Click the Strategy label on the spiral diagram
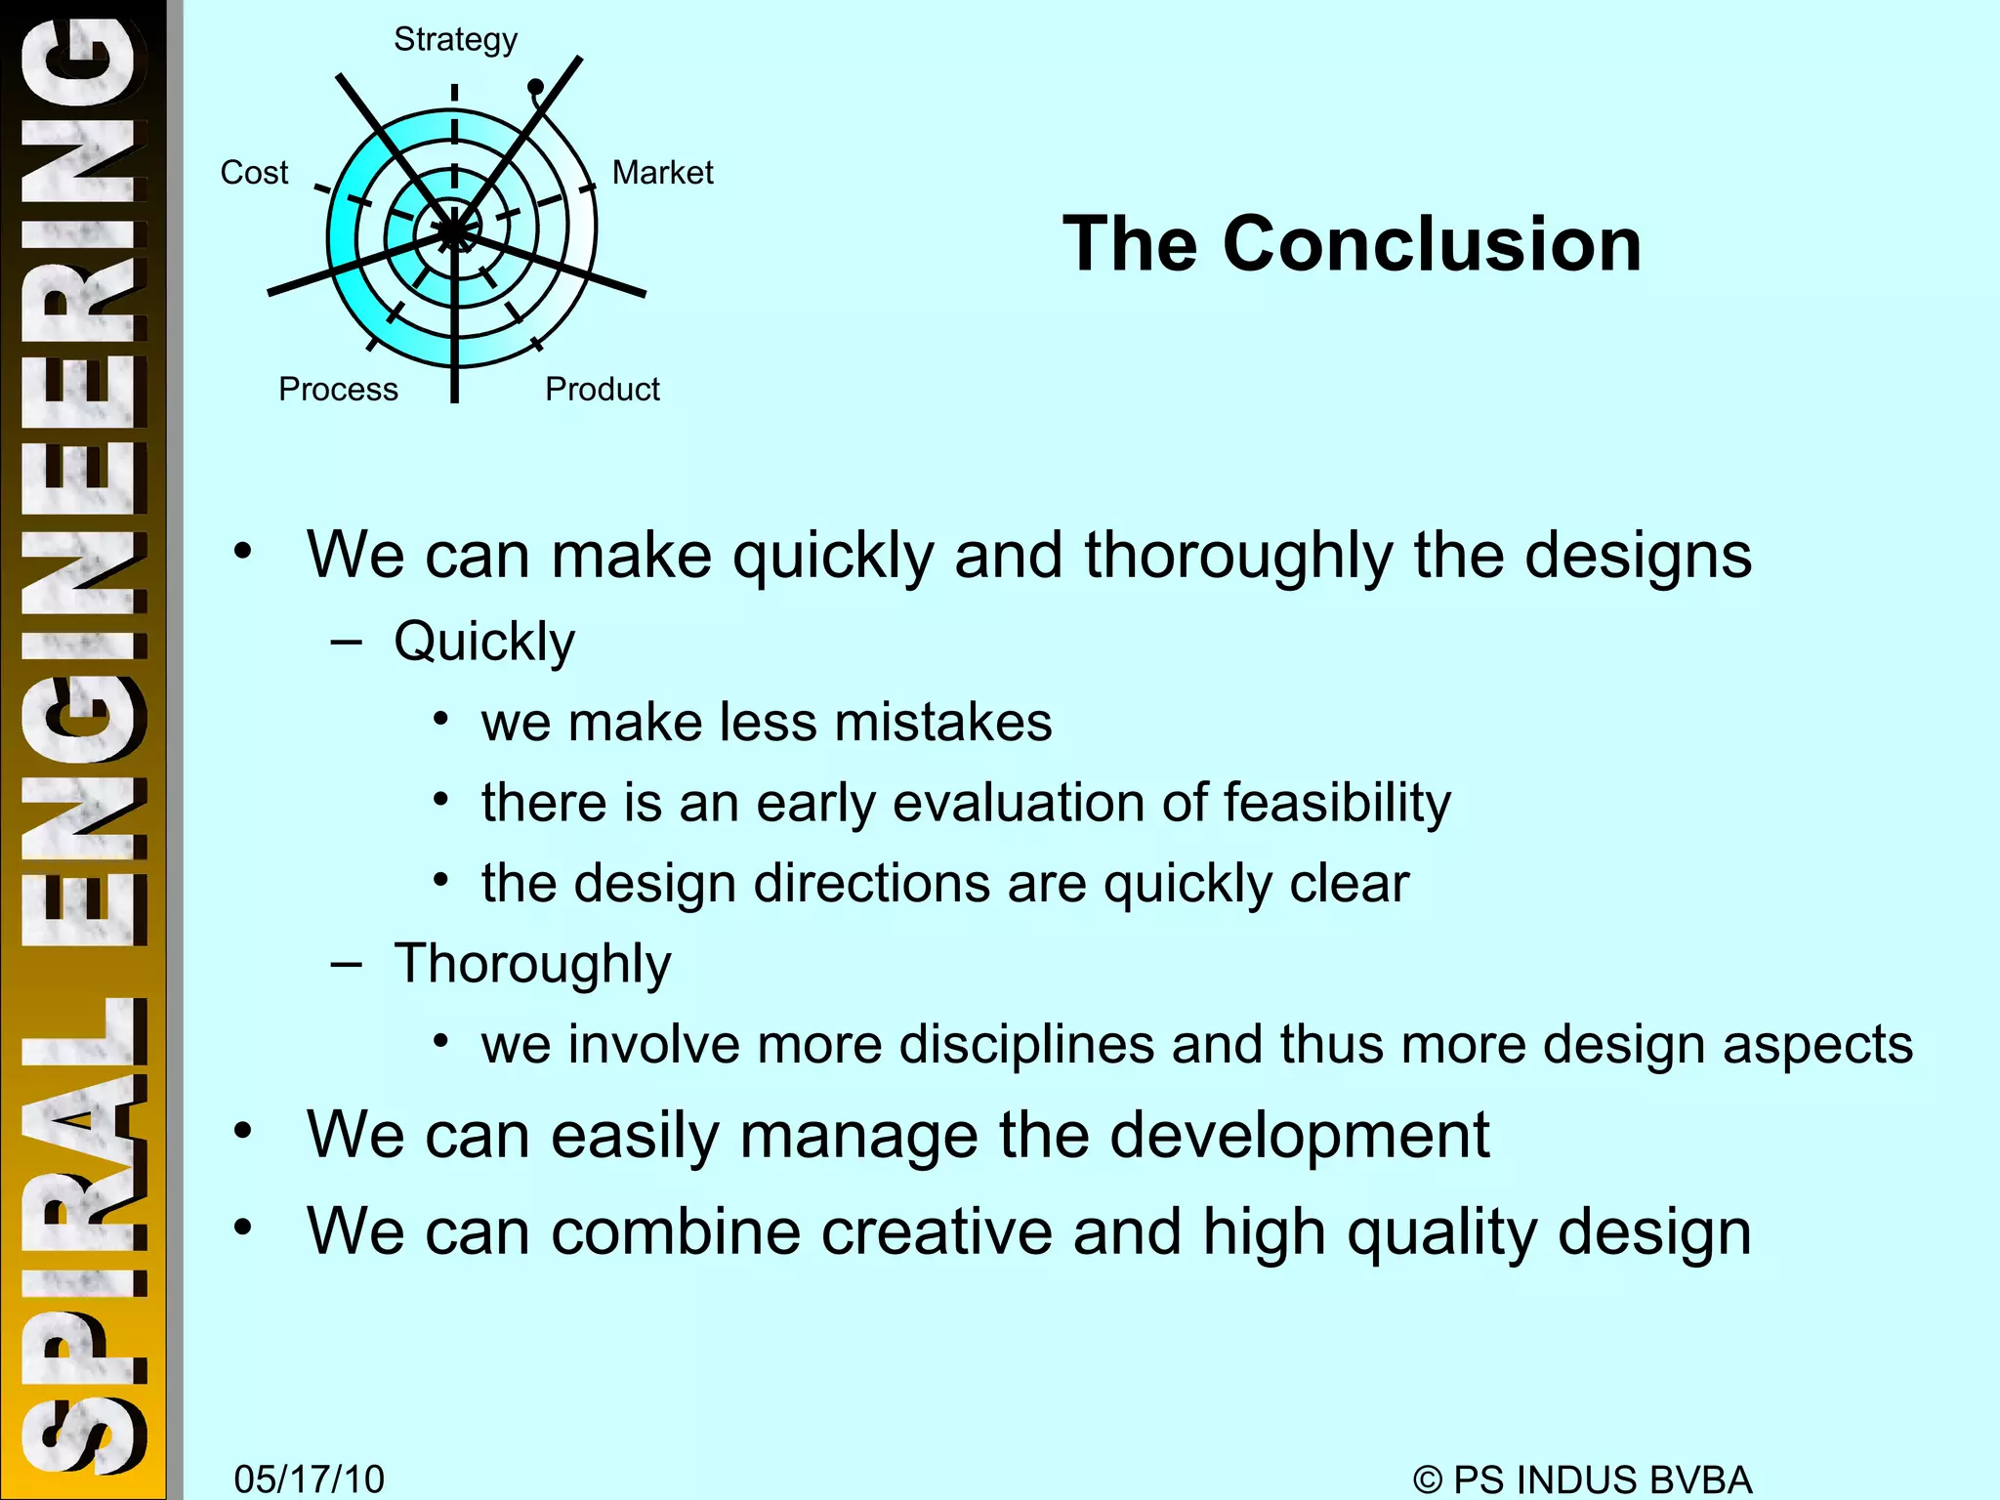(x=455, y=40)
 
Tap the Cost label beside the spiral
(x=254, y=173)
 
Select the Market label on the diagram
(x=662, y=173)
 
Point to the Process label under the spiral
(x=338, y=389)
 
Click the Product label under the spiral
(x=602, y=389)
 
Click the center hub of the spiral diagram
(x=454, y=232)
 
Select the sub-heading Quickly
(x=484, y=642)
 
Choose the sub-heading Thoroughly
(x=532, y=964)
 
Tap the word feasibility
(x=1337, y=803)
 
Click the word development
(x=1299, y=1135)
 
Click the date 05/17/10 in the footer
(x=310, y=1479)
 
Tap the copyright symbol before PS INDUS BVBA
(x=1427, y=1479)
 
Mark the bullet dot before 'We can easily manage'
(x=242, y=1132)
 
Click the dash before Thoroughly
(x=346, y=965)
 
